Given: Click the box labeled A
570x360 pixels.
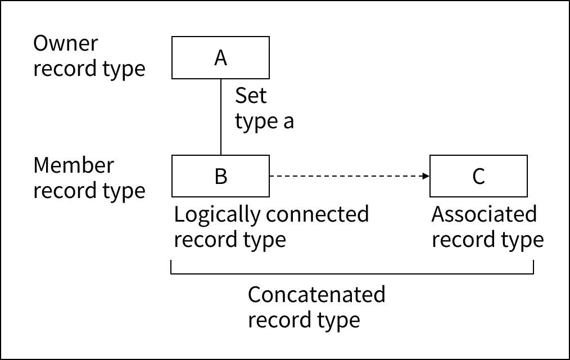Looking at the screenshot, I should click(220, 57).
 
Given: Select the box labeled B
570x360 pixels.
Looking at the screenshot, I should click(220, 176).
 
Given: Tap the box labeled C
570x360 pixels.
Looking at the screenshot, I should click(478, 176).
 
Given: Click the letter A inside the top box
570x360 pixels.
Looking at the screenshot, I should click(220, 57).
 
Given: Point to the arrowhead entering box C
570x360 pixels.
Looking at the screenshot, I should click(426, 176).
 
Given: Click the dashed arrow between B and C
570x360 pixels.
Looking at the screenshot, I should click(349, 176).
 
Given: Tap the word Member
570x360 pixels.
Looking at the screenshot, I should click(74, 165).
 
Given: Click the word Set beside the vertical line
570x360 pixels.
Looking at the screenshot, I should click(251, 96).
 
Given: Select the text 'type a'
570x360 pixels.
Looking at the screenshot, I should click(264, 121).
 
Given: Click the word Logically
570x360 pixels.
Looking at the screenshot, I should click(218, 215).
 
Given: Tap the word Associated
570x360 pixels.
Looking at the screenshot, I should click(484, 214).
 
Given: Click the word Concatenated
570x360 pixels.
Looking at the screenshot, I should click(316, 294).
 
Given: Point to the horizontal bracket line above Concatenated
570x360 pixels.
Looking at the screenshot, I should click(351, 274).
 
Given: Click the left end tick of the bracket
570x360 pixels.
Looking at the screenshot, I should click(171, 268).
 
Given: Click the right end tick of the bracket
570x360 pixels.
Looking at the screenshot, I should click(532, 268).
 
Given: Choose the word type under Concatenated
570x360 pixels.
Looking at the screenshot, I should click(336, 320).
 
